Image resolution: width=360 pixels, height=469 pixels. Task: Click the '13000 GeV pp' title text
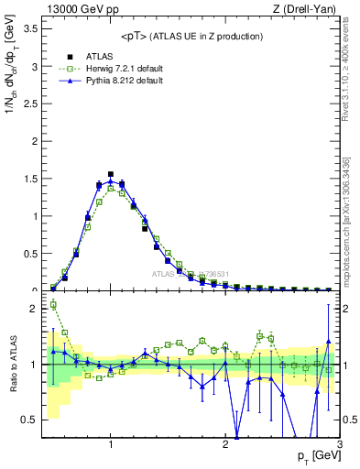pyautogui.click(x=80, y=10)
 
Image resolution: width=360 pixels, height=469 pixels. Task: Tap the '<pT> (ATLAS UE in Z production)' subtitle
pyautogui.click(x=192, y=36)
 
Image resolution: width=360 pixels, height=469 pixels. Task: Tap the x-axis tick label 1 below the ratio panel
pyautogui.click(x=111, y=444)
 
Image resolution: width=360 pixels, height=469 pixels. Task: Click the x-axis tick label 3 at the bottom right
pyautogui.click(x=338, y=444)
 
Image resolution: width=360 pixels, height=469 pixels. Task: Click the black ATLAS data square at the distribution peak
pyautogui.click(x=111, y=174)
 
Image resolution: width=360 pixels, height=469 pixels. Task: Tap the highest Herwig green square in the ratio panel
pyautogui.click(x=53, y=305)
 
